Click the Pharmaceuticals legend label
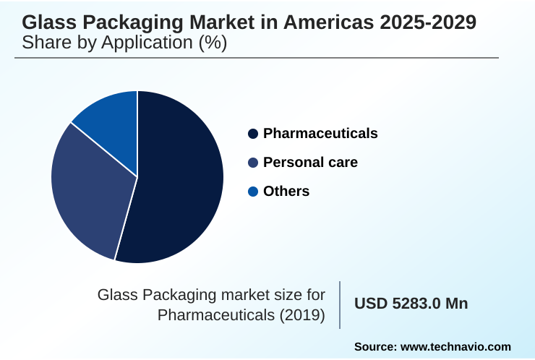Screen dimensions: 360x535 (320, 133)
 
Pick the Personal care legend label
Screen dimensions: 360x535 (310, 162)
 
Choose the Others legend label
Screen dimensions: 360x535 (286, 191)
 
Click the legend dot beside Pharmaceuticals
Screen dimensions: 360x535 (253, 134)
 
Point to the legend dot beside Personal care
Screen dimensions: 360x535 (253, 163)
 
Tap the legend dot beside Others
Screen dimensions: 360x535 (253, 192)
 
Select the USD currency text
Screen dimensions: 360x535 (370, 304)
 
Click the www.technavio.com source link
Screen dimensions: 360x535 (455, 347)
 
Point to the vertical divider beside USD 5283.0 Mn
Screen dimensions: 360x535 (340, 305)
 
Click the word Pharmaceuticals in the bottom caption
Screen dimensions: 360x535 (210, 315)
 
